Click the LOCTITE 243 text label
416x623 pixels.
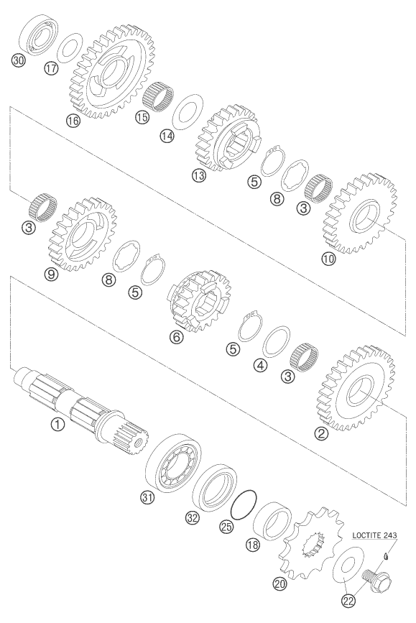click(x=374, y=535)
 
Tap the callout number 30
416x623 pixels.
click(x=19, y=60)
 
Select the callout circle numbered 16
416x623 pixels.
click(x=73, y=121)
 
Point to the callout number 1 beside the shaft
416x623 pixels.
click(x=57, y=425)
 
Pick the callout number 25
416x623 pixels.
click(x=226, y=527)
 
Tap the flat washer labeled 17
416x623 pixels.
click(x=70, y=47)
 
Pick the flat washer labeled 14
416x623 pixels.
click(x=189, y=109)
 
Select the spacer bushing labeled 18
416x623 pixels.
click(x=272, y=523)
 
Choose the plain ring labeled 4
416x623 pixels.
click(x=277, y=342)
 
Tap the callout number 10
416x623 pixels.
click(x=329, y=259)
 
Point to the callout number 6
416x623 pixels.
click(x=177, y=337)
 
